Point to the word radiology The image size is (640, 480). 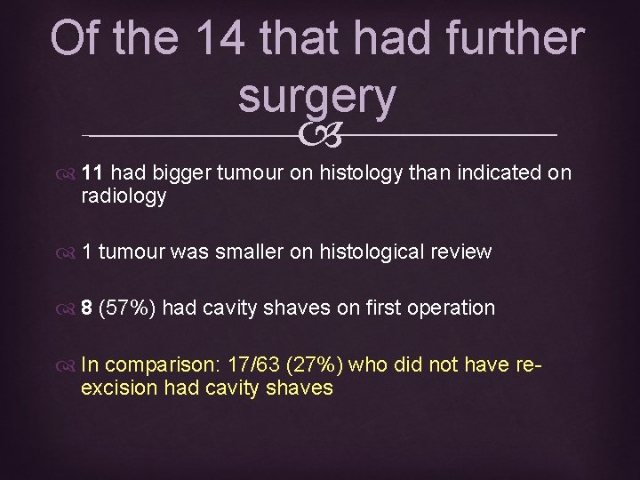point(124,196)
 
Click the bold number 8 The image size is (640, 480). point(87,308)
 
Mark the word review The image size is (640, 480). point(462,252)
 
